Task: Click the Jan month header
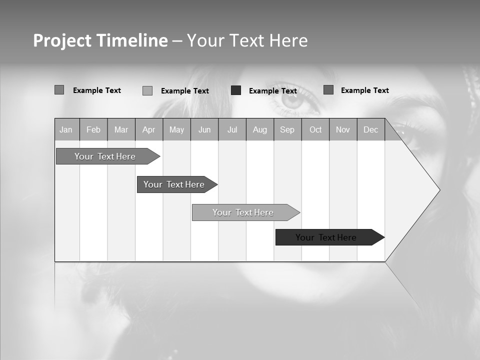pyautogui.click(x=66, y=129)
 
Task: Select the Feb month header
pyautogui.click(x=93, y=129)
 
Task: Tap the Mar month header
pyautogui.click(x=121, y=129)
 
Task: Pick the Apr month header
pyautogui.click(x=149, y=129)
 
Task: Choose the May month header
pyautogui.click(x=176, y=129)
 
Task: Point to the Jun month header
pyautogui.click(x=204, y=129)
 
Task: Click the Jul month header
pyautogui.click(x=232, y=129)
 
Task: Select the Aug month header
pyautogui.click(x=260, y=129)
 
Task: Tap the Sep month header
pyautogui.click(x=287, y=129)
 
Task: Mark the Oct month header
pyautogui.click(x=315, y=129)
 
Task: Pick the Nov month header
pyautogui.click(x=343, y=129)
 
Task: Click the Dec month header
pyautogui.click(x=371, y=129)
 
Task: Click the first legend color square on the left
pyautogui.click(x=59, y=90)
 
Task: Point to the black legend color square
pyautogui.click(x=236, y=90)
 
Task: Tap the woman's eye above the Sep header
pyautogui.click(x=292, y=99)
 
